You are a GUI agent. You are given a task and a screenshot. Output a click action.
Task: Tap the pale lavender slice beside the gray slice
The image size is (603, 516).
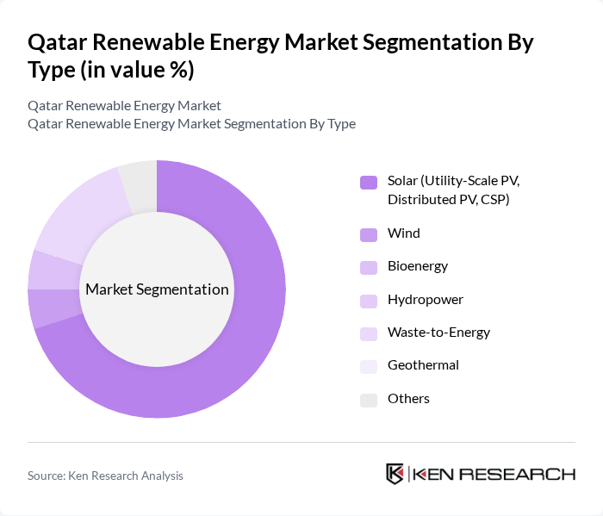[x=82, y=215]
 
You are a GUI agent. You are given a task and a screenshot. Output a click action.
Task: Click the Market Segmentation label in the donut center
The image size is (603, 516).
[x=157, y=289]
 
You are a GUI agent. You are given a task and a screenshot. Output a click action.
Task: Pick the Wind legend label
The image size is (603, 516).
[x=404, y=233]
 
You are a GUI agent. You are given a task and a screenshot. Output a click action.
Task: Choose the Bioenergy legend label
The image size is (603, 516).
[x=418, y=266]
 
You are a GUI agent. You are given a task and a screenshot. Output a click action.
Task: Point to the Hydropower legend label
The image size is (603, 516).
[x=426, y=300]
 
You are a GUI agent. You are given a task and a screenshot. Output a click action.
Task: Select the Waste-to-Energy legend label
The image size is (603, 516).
[x=438, y=333]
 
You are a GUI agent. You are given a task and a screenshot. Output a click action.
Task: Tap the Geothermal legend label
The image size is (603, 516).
[x=423, y=365]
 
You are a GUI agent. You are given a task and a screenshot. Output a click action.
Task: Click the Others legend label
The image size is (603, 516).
[x=408, y=399]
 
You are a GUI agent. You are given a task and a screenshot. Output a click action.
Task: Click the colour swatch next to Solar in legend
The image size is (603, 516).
[x=369, y=182]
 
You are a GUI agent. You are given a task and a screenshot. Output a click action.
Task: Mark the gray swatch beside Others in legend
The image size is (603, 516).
[x=369, y=399]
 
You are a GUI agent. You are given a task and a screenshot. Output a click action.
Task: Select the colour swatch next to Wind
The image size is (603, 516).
[x=369, y=233]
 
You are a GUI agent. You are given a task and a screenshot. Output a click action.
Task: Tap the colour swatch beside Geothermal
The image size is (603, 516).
[x=369, y=365]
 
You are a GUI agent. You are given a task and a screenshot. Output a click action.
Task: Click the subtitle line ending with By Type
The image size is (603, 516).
[x=191, y=123]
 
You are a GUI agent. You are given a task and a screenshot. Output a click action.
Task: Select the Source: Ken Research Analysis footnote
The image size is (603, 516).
[x=105, y=475]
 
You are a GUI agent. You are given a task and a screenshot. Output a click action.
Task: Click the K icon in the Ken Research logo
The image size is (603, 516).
[x=395, y=474]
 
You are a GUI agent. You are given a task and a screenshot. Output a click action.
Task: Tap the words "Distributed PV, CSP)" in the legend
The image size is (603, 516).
[x=448, y=200]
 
